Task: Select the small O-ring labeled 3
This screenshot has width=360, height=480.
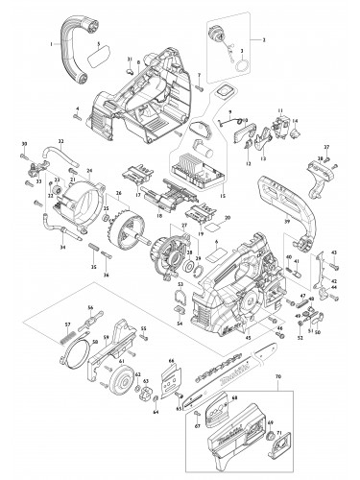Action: point(241,64)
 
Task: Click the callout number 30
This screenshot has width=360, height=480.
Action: point(23,143)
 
